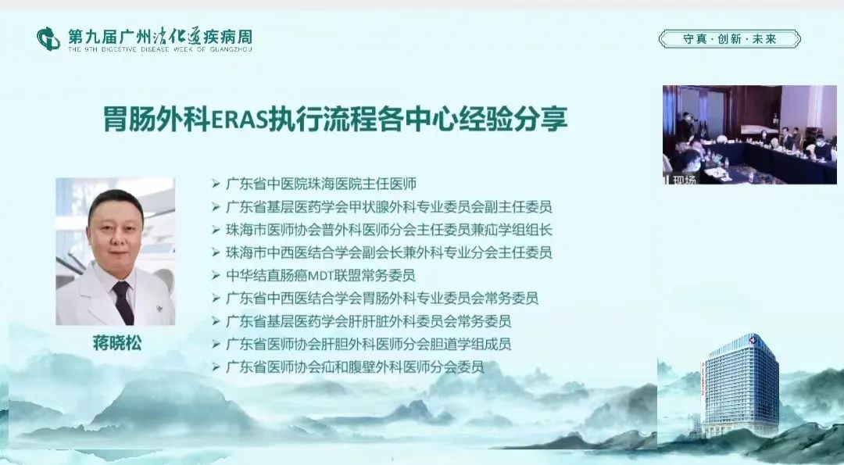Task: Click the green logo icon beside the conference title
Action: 48,39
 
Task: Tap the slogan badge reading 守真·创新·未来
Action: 730,39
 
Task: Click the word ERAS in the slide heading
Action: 239,120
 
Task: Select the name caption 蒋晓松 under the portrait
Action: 116,343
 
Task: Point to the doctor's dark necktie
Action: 123,302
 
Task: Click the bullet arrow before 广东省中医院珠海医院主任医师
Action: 216,184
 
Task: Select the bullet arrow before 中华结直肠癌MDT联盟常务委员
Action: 216,276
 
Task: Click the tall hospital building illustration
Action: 740,385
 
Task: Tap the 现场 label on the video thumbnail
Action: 684,180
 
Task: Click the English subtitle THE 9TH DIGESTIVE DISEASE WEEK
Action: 160,49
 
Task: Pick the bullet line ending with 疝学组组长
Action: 389,230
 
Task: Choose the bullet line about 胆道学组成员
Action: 369,344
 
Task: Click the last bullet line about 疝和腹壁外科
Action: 356,367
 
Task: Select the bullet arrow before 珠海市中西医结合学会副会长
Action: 216,252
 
